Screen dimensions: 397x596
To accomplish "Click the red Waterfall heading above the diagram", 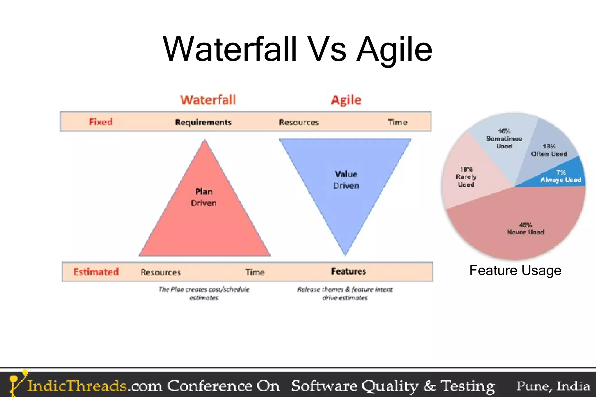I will (x=208, y=100).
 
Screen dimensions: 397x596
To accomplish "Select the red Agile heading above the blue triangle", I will (x=346, y=100).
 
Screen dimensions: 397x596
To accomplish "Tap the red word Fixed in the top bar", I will (x=101, y=122).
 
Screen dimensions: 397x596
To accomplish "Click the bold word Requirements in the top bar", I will (x=203, y=122).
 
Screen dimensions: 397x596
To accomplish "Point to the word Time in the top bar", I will (x=397, y=122).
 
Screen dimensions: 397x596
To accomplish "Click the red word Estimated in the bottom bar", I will (x=96, y=272).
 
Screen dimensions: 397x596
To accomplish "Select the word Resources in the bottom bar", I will (x=161, y=272).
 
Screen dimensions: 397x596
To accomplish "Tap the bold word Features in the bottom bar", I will (x=348, y=271).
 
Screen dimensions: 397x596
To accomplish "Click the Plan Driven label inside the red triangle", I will (x=204, y=197).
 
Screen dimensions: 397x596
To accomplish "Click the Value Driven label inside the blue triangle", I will (x=346, y=180).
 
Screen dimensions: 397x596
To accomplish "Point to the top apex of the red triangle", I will (x=205, y=140).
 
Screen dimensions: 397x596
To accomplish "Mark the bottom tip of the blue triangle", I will (x=345, y=255).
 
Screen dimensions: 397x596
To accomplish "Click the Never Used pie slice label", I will (x=525, y=229).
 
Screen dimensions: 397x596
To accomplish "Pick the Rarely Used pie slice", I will (x=466, y=177).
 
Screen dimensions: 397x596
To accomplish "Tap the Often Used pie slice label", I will (x=549, y=150).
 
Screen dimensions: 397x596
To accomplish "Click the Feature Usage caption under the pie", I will (x=515, y=270).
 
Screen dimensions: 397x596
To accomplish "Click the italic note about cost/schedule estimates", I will (x=204, y=293).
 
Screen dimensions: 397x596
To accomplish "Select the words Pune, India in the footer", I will (x=553, y=386).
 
